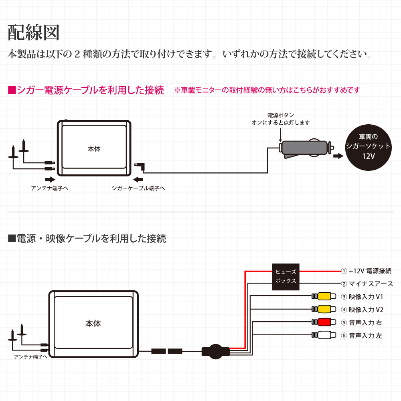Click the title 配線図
click(x=34, y=33)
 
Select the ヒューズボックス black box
click(x=286, y=276)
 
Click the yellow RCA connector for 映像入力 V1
click(x=324, y=297)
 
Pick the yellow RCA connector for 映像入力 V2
click(x=324, y=309)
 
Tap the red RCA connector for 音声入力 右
click(x=324, y=322)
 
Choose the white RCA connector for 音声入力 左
click(x=324, y=335)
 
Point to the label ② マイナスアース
click(x=367, y=284)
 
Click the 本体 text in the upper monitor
click(x=94, y=149)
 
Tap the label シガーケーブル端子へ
click(x=138, y=188)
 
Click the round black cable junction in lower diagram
click(x=215, y=352)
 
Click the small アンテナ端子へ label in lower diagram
click(x=30, y=356)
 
